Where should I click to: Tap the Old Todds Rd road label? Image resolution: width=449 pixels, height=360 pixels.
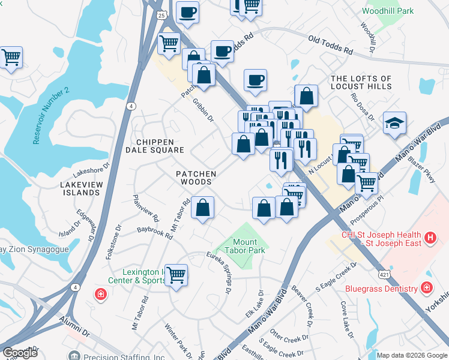tap(330, 46)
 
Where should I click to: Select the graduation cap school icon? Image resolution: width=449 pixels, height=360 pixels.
tap(394, 124)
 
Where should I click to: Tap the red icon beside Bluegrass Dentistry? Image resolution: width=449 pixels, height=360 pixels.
tap(427, 289)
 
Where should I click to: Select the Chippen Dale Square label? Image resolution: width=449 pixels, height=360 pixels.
tap(160, 146)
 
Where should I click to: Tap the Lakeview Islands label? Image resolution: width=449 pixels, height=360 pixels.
tap(80, 188)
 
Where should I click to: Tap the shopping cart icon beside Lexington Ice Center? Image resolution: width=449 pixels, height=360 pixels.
tap(176, 275)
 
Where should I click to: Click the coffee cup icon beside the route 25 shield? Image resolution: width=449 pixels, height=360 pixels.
tap(187, 12)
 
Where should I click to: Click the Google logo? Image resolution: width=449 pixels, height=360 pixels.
tap(20, 352)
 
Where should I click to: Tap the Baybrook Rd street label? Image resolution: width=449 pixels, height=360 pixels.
tap(155, 233)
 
